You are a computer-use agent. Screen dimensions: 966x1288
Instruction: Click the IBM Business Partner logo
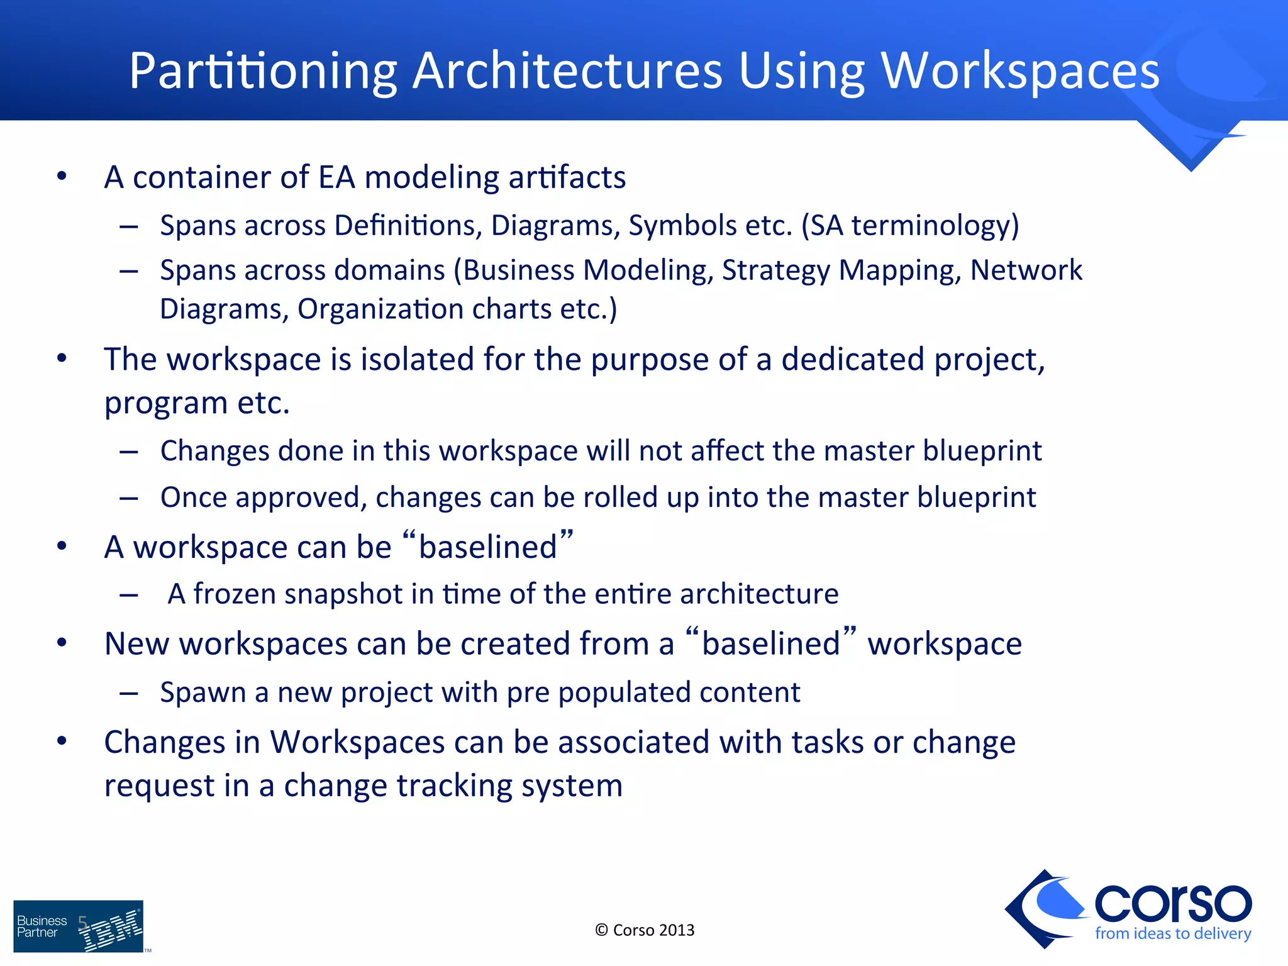79,926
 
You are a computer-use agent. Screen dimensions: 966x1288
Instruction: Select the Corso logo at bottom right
1129,908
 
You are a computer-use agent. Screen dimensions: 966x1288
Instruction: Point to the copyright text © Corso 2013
645,930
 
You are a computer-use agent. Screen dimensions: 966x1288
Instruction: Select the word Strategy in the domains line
775,270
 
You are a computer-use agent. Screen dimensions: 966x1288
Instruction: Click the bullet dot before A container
62,177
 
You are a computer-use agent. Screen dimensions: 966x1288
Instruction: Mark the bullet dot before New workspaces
62,643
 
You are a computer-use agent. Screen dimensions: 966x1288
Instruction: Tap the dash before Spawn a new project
129,693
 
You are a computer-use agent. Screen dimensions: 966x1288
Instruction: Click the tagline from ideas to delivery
1173,933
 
